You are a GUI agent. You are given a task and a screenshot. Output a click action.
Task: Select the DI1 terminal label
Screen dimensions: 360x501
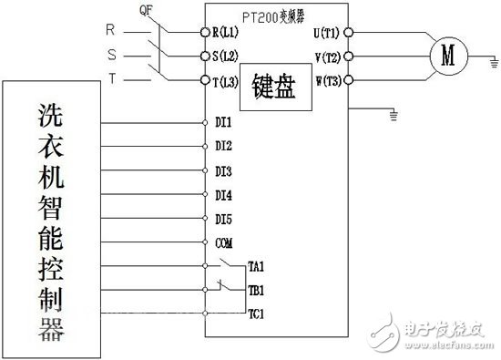223,122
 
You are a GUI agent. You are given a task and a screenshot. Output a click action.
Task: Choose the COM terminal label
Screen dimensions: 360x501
224,243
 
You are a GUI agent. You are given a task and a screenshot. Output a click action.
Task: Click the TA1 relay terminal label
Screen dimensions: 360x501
256,266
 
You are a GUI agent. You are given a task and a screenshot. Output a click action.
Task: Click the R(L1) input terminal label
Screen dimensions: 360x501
228,33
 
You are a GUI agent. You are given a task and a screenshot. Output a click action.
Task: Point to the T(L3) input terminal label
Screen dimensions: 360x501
228,81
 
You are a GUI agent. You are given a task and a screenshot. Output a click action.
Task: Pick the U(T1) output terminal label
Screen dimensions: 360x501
326,33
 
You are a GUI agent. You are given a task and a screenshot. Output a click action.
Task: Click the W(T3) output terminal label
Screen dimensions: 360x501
326,81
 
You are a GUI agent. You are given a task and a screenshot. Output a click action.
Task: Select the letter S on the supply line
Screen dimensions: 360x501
110,54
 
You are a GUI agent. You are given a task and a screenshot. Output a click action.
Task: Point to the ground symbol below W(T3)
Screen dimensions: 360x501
393,116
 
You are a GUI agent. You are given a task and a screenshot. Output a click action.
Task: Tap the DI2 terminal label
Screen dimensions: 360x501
223,146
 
